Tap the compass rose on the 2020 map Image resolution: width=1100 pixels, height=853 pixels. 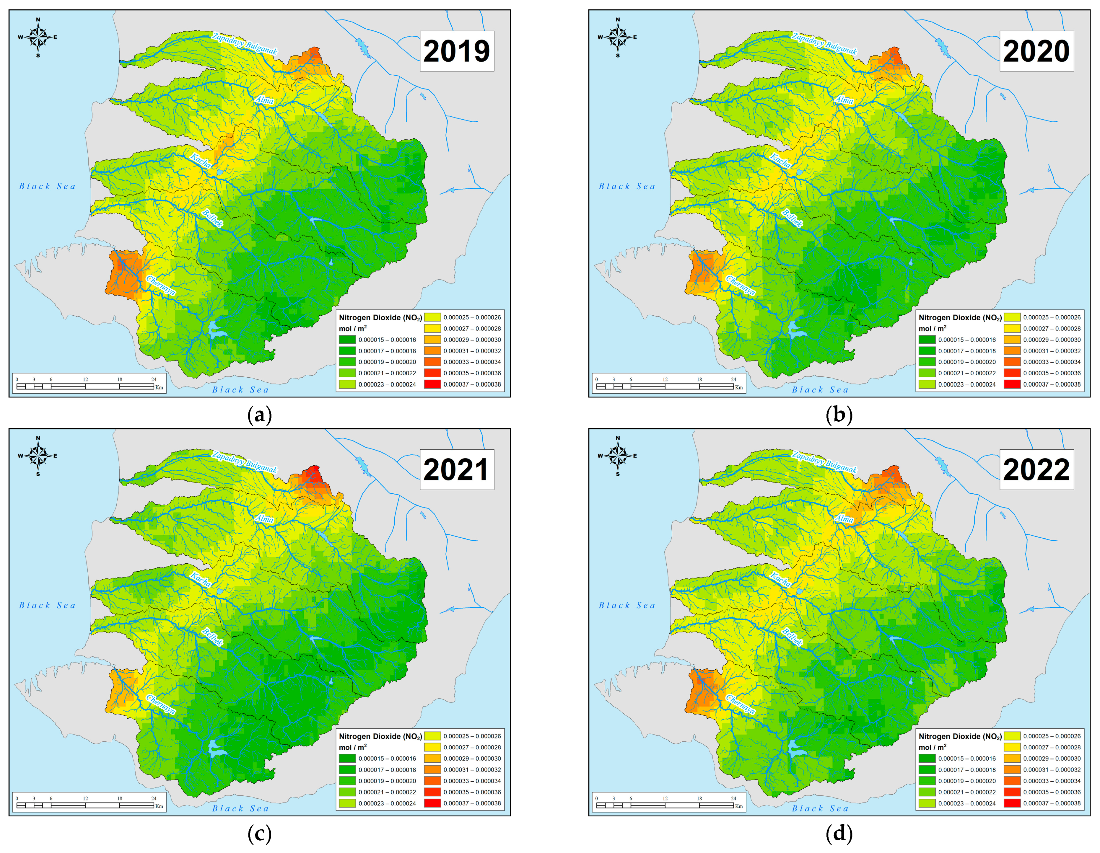(617, 37)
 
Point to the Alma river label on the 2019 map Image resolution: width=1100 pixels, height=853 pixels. (264, 100)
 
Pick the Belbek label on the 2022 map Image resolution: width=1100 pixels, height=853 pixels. (791, 637)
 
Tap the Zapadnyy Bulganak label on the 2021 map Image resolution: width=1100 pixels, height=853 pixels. (245, 462)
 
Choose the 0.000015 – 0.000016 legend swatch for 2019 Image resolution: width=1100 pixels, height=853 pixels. (347, 339)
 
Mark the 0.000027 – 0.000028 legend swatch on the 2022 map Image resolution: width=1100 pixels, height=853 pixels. (1012, 747)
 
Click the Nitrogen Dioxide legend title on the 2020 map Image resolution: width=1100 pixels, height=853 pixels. (959, 317)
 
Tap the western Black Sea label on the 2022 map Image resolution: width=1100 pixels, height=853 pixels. (627, 605)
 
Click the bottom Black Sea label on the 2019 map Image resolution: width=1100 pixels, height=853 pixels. (240, 389)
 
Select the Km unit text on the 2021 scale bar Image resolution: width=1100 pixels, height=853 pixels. (159, 806)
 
